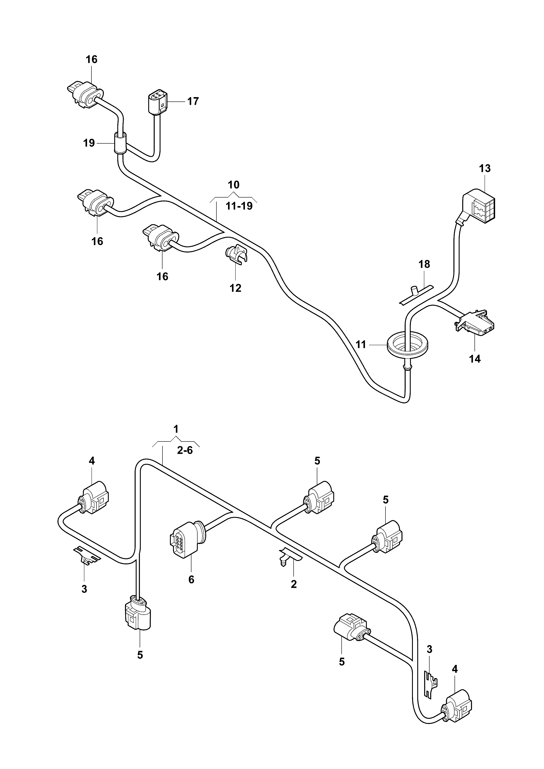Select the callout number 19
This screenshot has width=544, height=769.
click(89, 143)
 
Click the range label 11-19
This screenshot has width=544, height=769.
click(239, 206)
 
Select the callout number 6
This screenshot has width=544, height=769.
click(191, 579)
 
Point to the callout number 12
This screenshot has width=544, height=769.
click(235, 288)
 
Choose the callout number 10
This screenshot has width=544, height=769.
click(234, 185)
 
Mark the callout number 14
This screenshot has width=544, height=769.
click(475, 359)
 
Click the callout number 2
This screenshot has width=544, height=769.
click(294, 584)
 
